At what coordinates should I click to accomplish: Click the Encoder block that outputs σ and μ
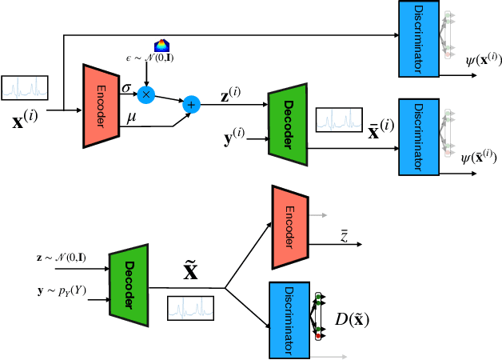[101, 106]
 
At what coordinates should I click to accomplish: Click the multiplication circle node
[145, 94]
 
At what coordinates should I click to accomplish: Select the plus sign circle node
[192, 104]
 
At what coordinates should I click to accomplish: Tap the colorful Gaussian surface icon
[161, 46]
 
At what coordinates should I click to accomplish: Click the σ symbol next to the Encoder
[127, 84]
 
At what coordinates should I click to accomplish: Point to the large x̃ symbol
[189, 271]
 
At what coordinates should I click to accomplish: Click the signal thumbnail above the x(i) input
[25, 86]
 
